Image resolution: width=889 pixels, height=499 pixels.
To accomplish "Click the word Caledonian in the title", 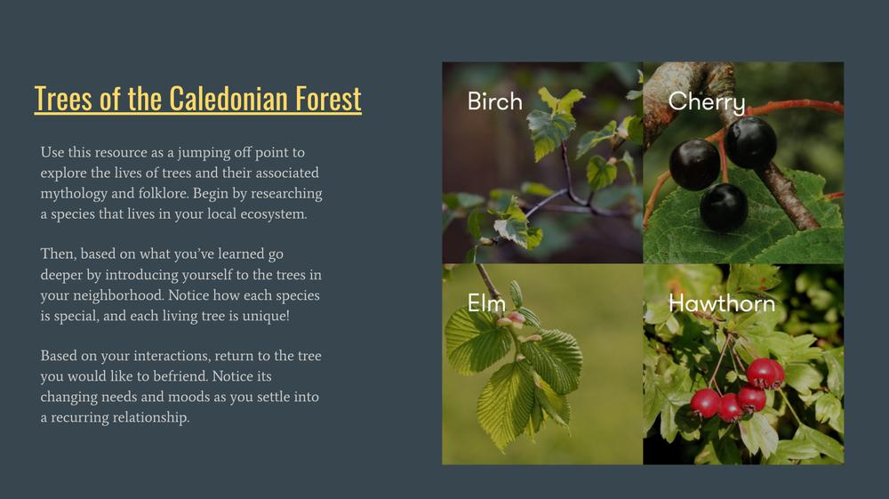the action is pyautogui.click(x=228, y=99).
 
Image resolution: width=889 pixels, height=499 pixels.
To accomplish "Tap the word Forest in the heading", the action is pyautogui.click(x=328, y=99).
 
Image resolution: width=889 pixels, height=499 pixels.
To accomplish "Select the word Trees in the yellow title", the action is pyautogui.click(x=63, y=99).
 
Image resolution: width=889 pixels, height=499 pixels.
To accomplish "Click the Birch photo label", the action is pyautogui.click(x=495, y=101).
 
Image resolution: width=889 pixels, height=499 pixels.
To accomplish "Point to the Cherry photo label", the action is pyautogui.click(x=707, y=102).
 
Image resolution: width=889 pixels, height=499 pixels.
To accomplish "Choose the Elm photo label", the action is pyautogui.click(x=486, y=302).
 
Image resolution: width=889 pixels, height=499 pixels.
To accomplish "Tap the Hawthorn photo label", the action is pyautogui.click(x=722, y=303).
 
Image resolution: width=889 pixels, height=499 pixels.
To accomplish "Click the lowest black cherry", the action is pyautogui.click(x=724, y=207).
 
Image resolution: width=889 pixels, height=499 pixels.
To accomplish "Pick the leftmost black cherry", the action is pyautogui.click(x=694, y=165).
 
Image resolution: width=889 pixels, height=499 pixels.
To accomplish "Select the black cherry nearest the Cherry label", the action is pyautogui.click(x=750, y=142).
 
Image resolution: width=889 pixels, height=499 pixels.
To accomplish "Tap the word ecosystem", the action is pyautogui.click(x=274, y=214).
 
